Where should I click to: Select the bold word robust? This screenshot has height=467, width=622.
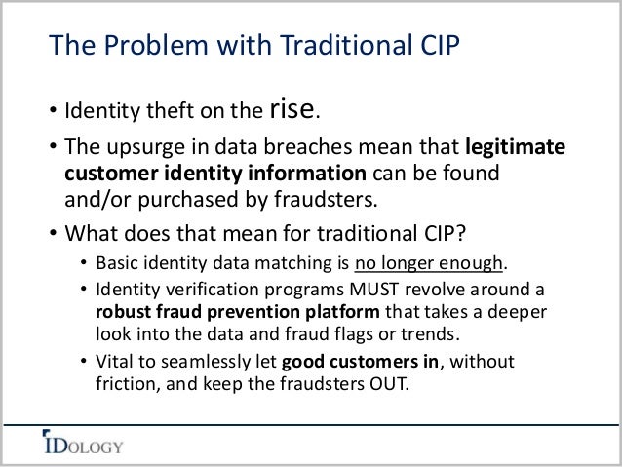pyautogui.click(x=123, y=314)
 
